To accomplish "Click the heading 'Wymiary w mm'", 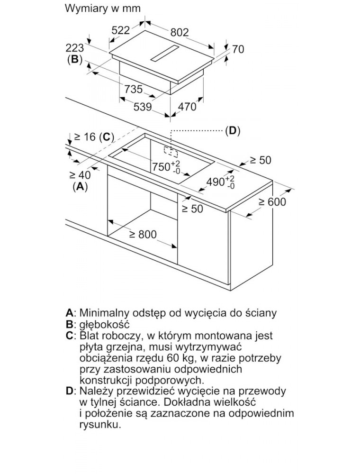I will point(103,9).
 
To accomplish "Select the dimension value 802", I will point(180,32).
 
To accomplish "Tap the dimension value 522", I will point(120,30).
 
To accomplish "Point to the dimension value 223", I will point(75,48).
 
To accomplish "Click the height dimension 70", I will point(238,49).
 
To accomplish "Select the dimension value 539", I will point(142,107).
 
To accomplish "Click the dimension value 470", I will point(186,107).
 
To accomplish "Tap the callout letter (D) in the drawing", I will point(232,131).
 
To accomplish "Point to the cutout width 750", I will point(161,166).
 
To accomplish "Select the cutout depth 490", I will point(216,182).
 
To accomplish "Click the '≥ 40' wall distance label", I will point(80,174).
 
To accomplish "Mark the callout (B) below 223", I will point(74,60).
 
